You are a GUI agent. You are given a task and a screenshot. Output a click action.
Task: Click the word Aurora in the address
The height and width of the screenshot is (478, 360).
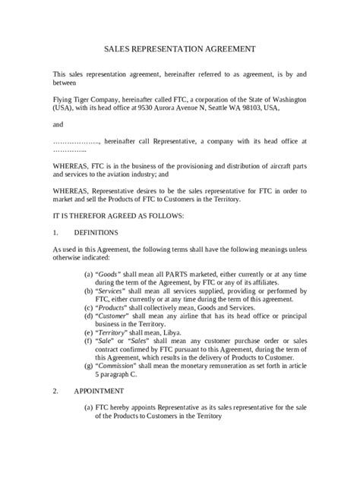pos(178,108)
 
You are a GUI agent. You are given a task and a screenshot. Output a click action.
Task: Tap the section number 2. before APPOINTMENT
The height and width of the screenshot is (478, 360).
pos(55,390)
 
